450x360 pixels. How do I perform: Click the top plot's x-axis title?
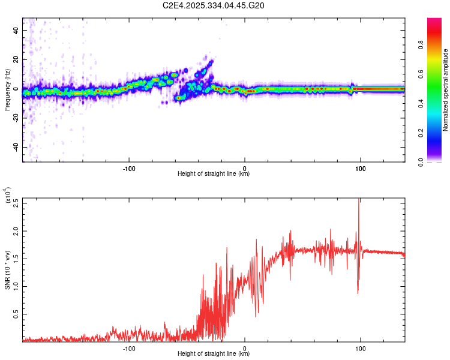point(214,174)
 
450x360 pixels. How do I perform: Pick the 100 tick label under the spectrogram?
point(361,168)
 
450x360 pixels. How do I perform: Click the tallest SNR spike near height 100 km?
point(359,200)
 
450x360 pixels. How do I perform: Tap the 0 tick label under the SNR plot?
point(245,348)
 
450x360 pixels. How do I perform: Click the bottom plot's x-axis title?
point(214,354)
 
